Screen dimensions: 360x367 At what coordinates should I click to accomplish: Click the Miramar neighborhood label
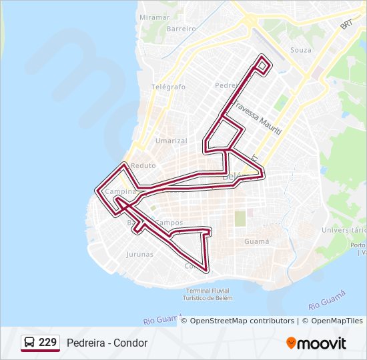(x=155, y=17)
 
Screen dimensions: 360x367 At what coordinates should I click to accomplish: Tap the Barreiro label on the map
(x=181, y=29)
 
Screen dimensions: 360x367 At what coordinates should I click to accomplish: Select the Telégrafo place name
(x=168, y=87)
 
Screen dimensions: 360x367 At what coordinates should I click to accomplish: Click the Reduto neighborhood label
(x=143, y=165)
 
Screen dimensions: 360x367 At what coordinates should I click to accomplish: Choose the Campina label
(x=120, y=191)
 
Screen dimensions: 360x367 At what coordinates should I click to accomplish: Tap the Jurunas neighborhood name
(x=139, y=254)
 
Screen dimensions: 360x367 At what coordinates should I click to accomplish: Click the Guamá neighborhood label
(x=257, y=241)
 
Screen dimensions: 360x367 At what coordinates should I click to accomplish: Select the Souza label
(x=301, y=50)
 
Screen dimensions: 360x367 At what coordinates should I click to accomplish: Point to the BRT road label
(x=346, y=24)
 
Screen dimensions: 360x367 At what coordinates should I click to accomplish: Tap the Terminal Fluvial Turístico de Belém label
(x=209, y=295)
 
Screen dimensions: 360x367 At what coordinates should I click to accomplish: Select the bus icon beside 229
(x=29, y=343)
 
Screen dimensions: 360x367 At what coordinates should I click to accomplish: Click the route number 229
(x=47, y=343)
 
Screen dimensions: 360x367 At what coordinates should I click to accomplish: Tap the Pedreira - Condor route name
(x=107, y=343)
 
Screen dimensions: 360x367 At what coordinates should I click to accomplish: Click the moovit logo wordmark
(x=322, y=343)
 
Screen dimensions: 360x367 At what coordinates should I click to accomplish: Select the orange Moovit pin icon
(x=291, y=343)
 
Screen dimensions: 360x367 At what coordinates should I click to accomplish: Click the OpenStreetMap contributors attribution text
(x=242, y=321)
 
